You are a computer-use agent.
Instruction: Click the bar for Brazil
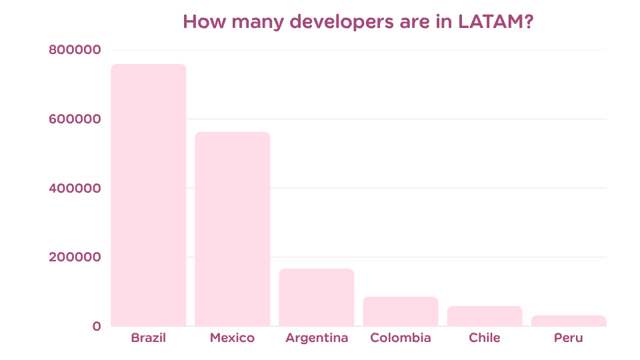click(x=148, y=195)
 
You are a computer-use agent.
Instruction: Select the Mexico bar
click(x=232, y=229)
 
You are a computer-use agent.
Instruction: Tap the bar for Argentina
click(x=316, y=297)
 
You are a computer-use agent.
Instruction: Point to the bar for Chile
click(x=484, y=315)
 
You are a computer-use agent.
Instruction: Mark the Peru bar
click(x=568, y=320)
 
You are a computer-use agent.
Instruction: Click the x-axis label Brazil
click(x=148, y=338)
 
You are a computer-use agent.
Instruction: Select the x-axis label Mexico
click(x=232, y=338)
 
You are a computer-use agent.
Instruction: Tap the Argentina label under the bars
click(x=316, y=338)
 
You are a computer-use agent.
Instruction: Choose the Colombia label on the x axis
click(x=400, y=338)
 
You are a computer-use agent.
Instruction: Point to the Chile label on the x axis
click(x=484, y=338)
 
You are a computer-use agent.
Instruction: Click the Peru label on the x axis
click(x=568, y=338)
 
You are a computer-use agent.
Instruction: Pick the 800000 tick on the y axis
click(x=74, y=50)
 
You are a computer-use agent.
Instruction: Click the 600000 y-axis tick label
click(x=74, y=119)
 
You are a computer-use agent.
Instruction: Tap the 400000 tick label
click(x=74, y=189)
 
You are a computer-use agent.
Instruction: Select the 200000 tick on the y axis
click(x=74, y=257)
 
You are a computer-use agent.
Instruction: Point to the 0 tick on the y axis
click(x=97, y=326)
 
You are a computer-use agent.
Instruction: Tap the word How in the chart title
click(x=201, y=21)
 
